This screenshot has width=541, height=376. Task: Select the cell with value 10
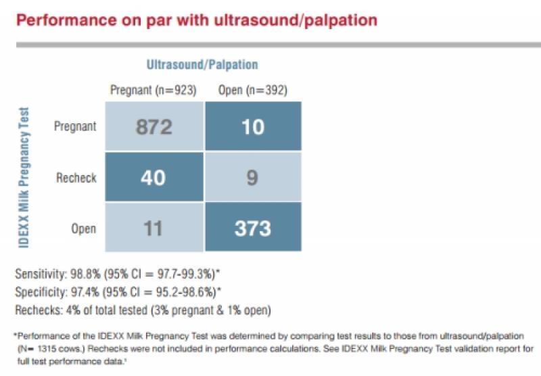pyautogui.click(x=252, y=126)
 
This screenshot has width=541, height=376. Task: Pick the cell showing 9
pyautogui.click(x=252, y=177)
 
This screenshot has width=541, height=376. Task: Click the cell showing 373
pyautogui.click(x=252, y=228)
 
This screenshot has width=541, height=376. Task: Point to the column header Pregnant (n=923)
pyautogui.click(x=154, y=91)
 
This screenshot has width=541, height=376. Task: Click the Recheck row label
pyautogui.click(x=76, y=178)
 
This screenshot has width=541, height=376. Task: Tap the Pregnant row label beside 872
pyautogui.click(x=75, y=126)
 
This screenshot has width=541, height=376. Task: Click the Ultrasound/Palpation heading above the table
pyautogui.click(x=202, y=65)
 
